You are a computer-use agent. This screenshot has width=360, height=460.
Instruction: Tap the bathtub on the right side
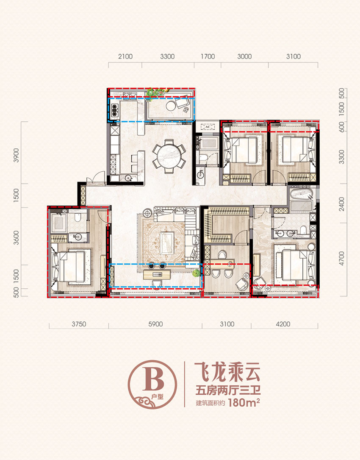(x=301, y=196)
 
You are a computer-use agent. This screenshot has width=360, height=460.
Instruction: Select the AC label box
(x=208, y=127)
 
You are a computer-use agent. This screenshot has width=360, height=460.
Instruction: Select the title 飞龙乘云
(x=225, y=371)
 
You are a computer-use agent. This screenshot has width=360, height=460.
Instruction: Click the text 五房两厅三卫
(x=223, y=390)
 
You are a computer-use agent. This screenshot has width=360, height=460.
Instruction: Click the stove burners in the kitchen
(x=115, y=110)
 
